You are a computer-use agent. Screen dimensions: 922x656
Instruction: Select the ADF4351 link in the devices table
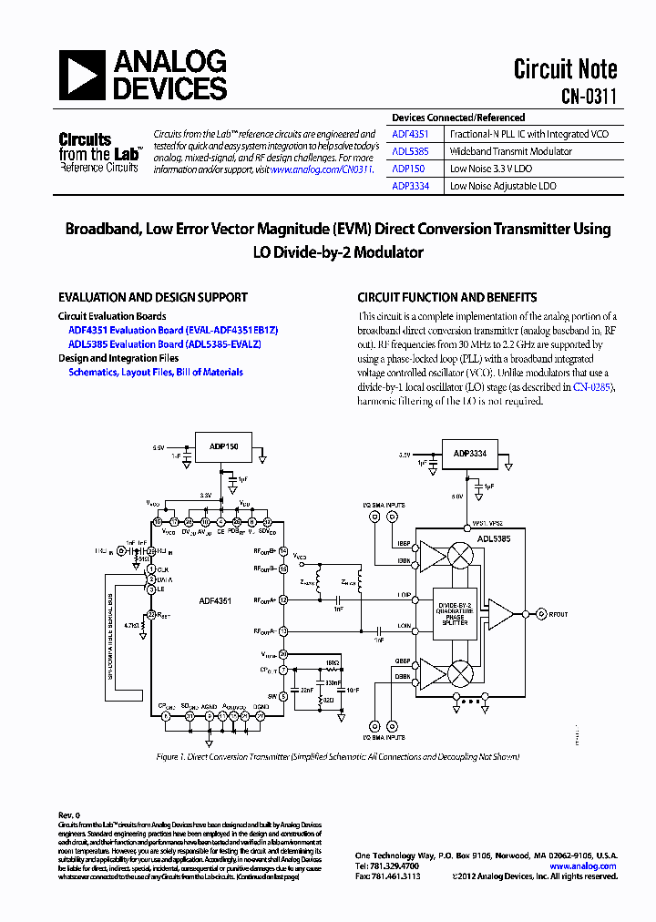(x=410, y=134)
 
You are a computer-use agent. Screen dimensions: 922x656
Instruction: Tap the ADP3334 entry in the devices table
(x=410, y=186)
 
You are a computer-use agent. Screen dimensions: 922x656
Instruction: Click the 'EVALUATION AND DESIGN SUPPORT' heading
(x=153, y=298)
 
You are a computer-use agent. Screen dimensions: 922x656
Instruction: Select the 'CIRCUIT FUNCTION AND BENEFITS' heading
(x=447, y=298)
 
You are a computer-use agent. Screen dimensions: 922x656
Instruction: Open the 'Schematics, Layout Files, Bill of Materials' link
(x=156, y=372)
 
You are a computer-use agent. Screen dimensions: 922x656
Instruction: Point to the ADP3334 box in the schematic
(x=470, y=452)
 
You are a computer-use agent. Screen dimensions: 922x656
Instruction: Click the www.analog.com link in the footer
(x=580, y=866)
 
